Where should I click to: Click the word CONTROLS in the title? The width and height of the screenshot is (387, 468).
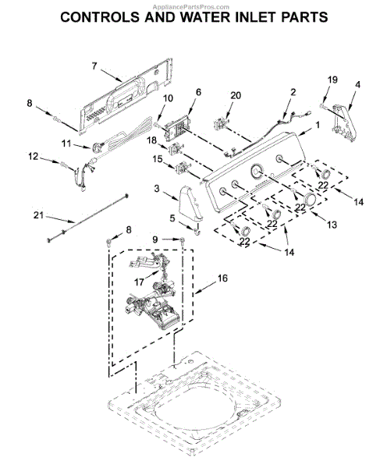100,17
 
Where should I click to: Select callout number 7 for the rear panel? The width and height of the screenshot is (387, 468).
94,66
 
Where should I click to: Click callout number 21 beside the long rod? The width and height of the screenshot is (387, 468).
38,215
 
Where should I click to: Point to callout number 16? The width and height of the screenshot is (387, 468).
222,278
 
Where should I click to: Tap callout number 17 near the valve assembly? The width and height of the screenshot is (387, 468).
139,282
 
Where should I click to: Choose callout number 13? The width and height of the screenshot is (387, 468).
332,224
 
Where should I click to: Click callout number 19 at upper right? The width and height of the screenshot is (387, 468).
332,80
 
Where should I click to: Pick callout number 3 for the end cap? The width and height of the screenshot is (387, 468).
157,188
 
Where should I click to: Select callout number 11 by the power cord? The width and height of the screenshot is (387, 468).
66,144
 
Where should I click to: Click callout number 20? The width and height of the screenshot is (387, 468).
236,95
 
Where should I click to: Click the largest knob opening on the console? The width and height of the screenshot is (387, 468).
256,172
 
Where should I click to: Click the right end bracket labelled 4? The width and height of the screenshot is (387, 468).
344,122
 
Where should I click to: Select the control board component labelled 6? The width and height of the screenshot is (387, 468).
175,129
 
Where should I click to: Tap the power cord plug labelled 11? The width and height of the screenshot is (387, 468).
97,147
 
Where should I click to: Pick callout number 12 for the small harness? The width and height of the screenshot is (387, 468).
33,156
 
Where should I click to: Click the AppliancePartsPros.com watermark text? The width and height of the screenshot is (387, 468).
191,7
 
